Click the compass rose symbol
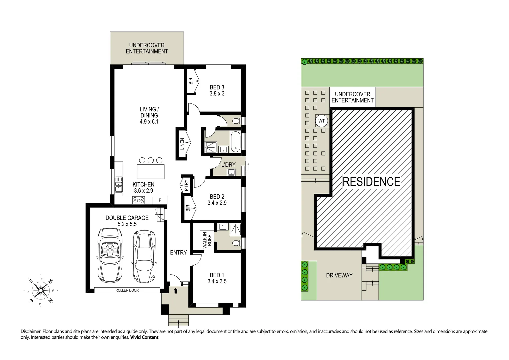(41, 290)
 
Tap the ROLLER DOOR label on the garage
(127, 290)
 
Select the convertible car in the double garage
(110, 255)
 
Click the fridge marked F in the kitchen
(160, 200)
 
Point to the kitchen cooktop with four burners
(138, 200)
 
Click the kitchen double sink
(118, 185)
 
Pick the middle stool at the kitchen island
(151, 160)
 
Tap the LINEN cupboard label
(182, 144)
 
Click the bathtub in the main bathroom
(236, 142)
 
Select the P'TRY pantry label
(186, 185)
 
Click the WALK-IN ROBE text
(207, 240)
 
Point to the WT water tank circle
(322, 121)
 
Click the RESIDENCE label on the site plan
(371, 182)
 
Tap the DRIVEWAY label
(339, 275)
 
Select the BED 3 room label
(217, 87)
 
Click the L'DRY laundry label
(228, 165)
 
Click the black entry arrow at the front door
(175, 291)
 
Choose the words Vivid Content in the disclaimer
(144, 337)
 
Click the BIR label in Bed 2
(188, 208)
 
